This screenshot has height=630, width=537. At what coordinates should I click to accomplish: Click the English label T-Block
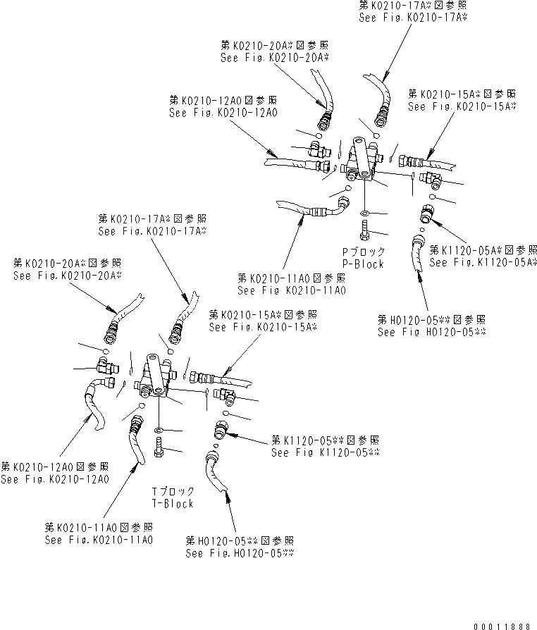coord(172,503)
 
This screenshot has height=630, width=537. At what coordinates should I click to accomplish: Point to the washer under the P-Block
coord(364,212)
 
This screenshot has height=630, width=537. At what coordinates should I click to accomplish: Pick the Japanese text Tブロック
coord(173,491)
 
